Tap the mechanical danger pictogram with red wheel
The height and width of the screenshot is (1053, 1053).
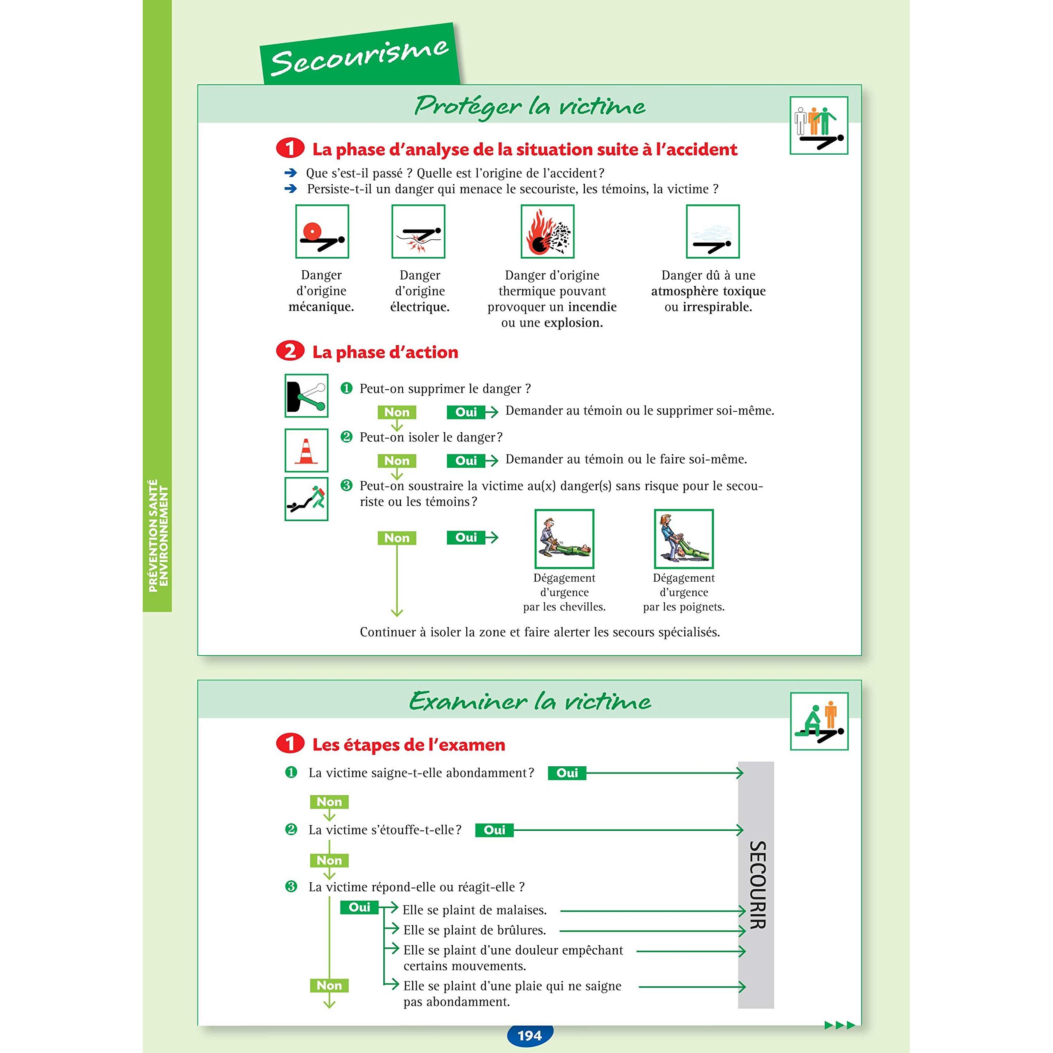(x=322, y=232)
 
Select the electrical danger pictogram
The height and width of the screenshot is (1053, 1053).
(x=418, y=232)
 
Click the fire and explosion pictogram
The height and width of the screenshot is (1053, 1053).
(x=547, y=232)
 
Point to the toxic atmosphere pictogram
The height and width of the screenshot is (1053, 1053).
(x=712, y=232)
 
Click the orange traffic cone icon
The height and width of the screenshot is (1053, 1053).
(x=306, y=450)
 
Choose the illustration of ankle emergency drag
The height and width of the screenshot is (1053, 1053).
(x=564, y=538)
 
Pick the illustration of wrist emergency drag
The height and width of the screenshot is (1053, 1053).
(x=684, y=538)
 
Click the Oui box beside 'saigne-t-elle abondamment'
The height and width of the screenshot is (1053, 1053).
(x=567, y=773)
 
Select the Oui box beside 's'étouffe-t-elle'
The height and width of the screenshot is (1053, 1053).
(x=494, y=830)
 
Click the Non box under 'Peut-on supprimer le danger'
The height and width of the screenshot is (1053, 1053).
(x=397, y=413)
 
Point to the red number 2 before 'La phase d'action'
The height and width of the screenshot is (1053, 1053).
(x=290, y=351)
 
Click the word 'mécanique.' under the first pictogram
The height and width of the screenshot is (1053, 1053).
(x=321, y=307)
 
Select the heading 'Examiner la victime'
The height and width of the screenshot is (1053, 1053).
(x=530, y=701)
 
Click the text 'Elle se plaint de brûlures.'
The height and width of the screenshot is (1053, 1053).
(x=474, y=930)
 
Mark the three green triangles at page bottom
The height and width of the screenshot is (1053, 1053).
(x=840, y=1025)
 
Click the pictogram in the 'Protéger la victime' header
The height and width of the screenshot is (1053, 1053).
(x=819, y=126)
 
